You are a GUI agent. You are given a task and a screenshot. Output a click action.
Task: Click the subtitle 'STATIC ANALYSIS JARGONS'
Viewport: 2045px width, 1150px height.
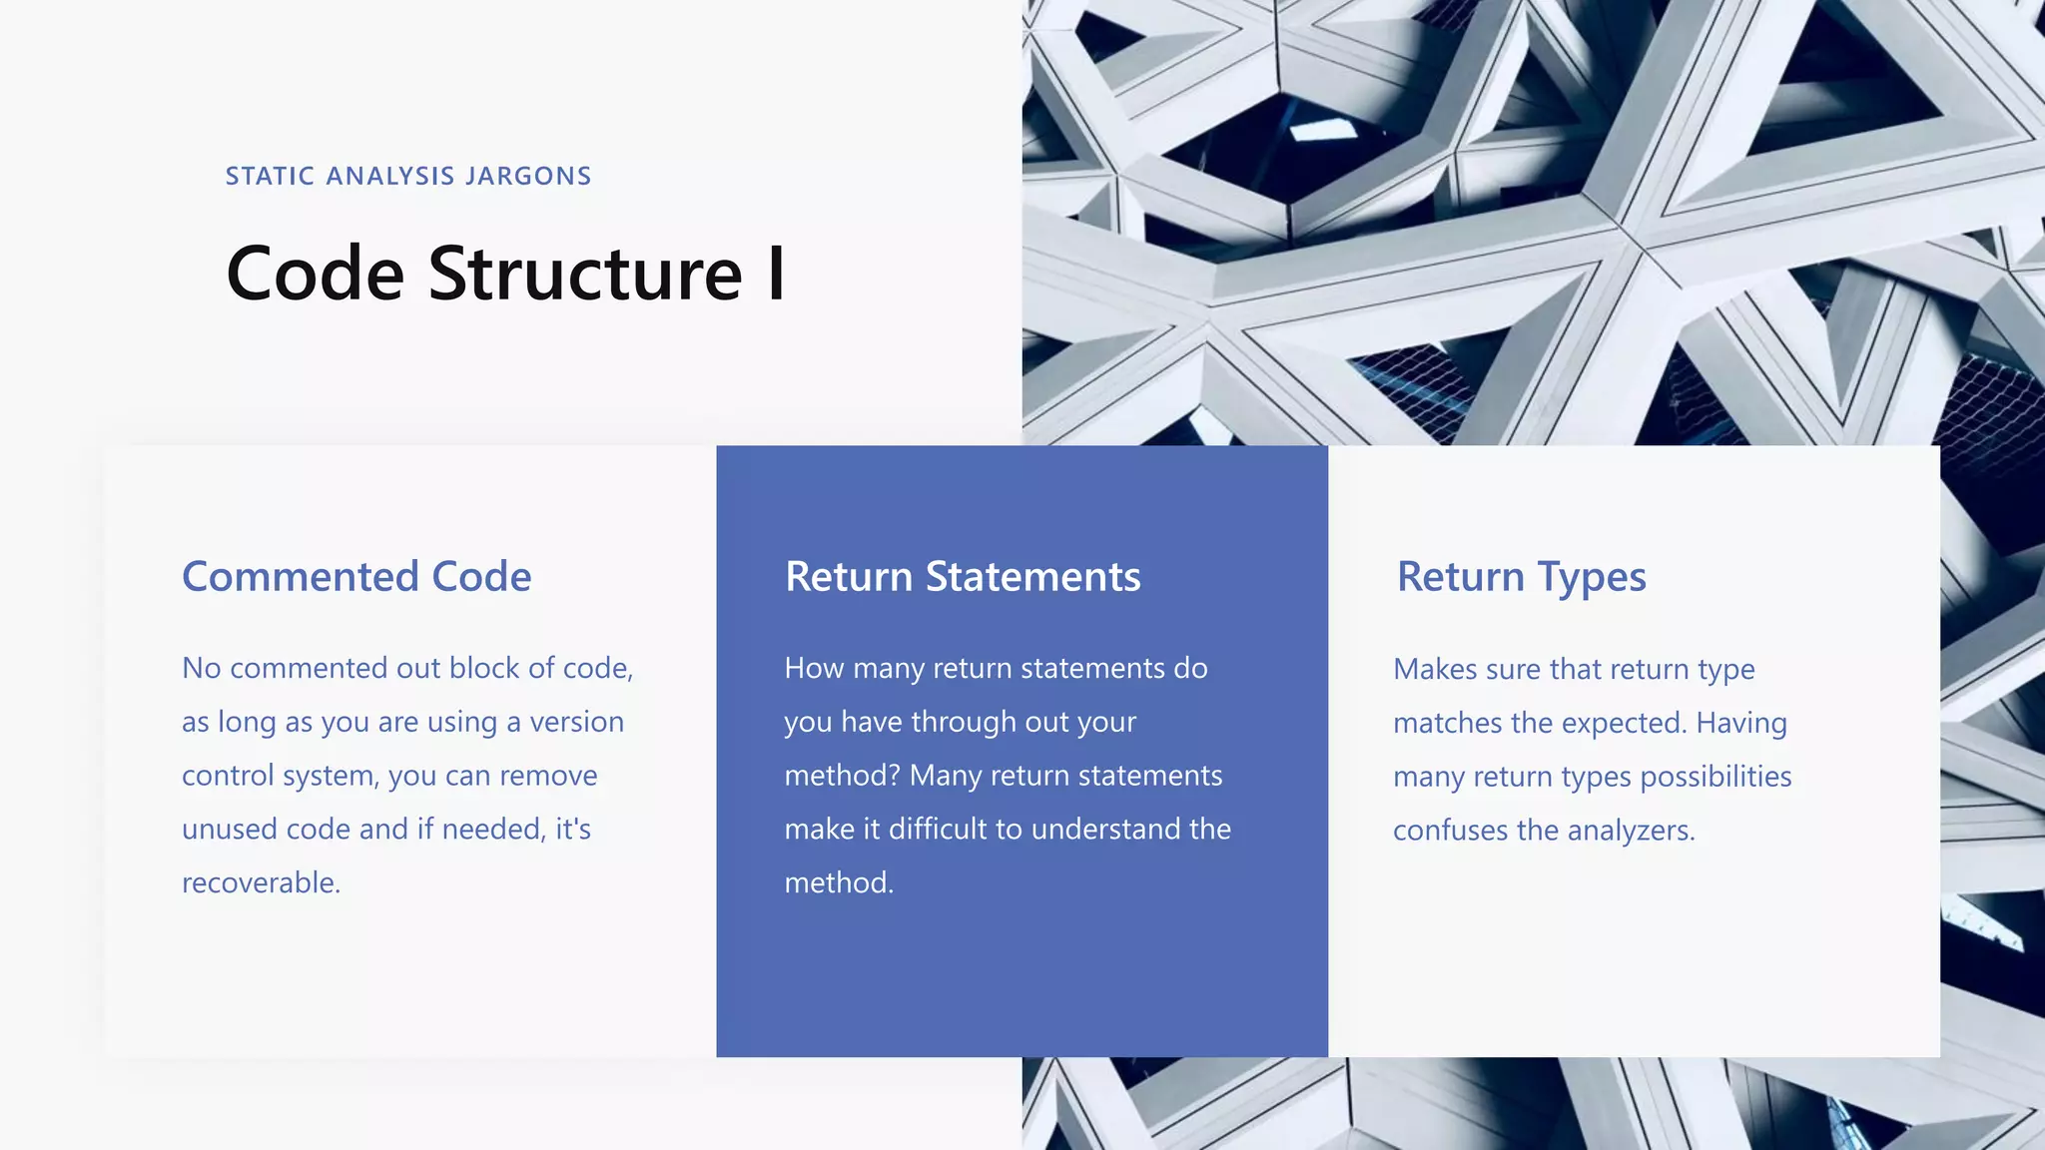407,177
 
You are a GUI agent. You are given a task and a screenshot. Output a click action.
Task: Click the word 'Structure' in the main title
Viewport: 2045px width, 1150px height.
585,274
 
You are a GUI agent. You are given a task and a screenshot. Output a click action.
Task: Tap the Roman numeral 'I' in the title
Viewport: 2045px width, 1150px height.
776,274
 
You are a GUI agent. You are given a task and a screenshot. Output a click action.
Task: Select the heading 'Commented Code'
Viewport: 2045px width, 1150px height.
356,577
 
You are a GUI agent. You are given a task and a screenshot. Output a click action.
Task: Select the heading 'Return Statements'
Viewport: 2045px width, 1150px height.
963,577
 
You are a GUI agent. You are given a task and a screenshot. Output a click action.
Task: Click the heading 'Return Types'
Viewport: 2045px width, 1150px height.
1521,577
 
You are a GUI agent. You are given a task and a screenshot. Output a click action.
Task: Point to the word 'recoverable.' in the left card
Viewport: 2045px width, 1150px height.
262,883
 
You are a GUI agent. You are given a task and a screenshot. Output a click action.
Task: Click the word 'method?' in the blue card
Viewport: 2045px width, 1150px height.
842,776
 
